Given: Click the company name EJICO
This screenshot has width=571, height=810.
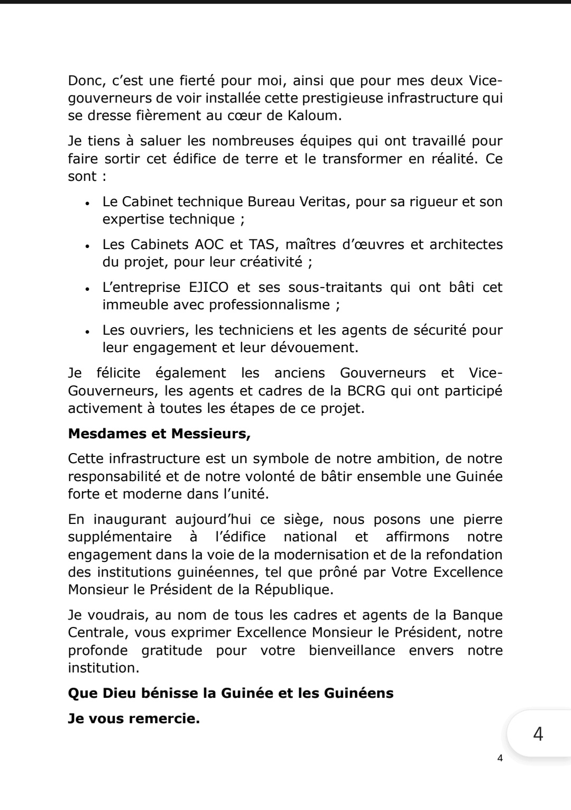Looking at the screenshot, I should pos(208,287).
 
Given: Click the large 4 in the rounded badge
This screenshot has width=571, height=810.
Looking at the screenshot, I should pos(538,734).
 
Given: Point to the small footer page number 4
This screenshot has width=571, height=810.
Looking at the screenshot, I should pos(500,758).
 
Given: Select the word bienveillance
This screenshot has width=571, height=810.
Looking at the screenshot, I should pos(352,650).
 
